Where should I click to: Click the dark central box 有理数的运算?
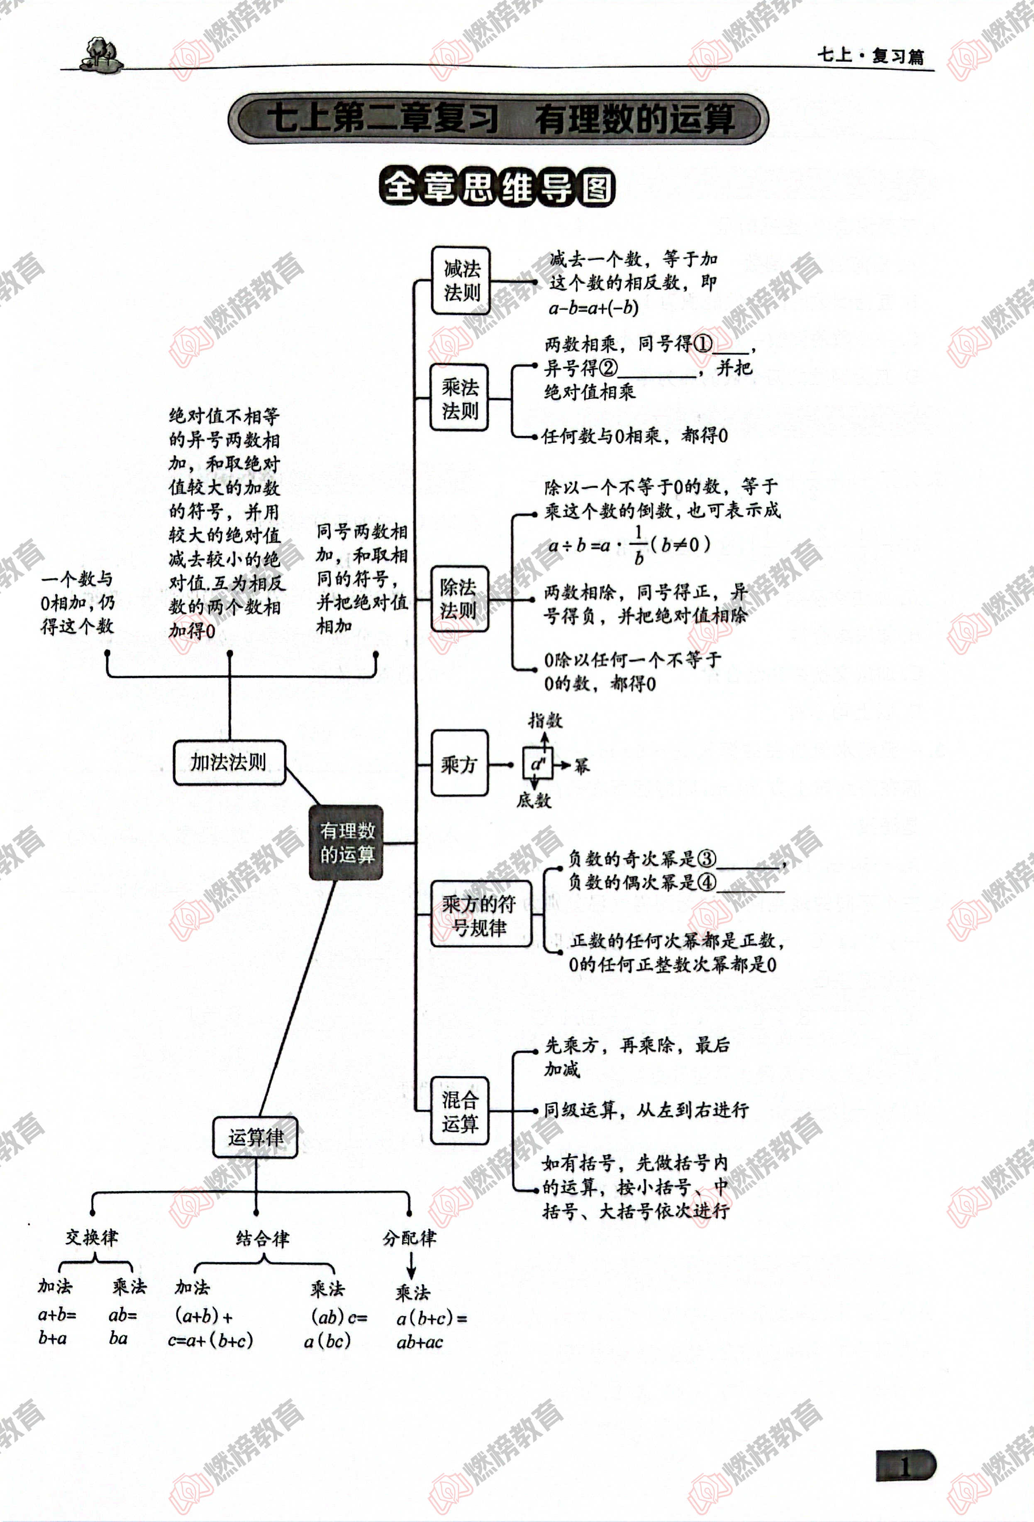(x=346, y=842)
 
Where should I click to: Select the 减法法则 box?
(x=461, y=280)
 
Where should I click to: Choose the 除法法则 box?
(x=459, y=599)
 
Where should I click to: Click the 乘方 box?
(x=459, y=763)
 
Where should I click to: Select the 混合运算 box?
(x=460, y=1111)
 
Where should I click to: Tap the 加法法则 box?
(x=229, y=762)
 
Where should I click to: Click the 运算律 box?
(x=256, y=1137)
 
